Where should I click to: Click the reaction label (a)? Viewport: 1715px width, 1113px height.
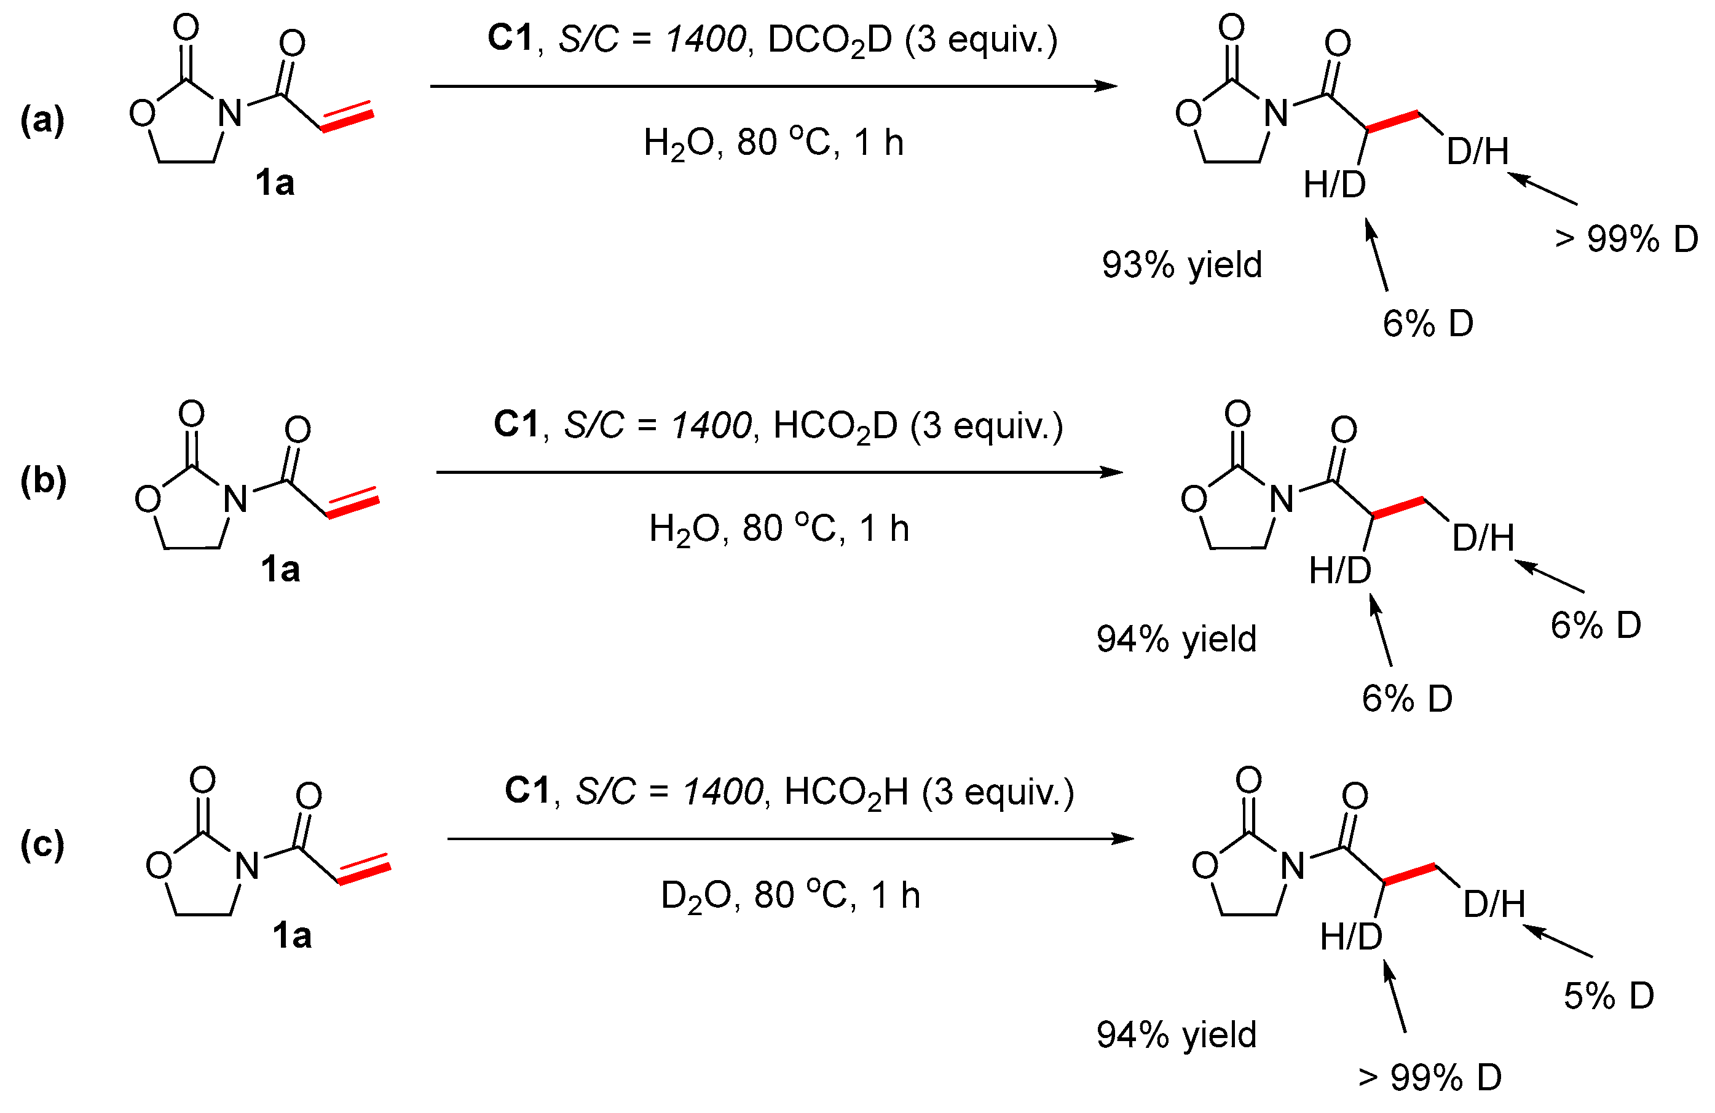(42, 120)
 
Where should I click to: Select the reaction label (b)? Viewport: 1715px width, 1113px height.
(43, 481)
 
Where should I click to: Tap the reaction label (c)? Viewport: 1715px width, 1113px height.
(42, 844)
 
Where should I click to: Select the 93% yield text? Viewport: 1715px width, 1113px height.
(1182, 265)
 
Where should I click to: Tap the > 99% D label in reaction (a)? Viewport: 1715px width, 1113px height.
(1626, 239)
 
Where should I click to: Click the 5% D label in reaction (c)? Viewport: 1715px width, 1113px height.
(1609, 996)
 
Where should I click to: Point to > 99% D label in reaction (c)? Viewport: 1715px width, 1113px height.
(1430, 1078)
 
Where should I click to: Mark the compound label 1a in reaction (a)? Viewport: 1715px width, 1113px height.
(275, 183)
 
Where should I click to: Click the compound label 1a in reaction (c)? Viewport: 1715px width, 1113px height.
(292, 936)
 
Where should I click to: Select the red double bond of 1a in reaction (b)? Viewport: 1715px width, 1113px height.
(353, 502)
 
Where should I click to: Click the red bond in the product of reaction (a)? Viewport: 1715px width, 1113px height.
(1392, 122)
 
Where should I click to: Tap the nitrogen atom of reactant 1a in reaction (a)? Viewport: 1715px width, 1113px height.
(230, 113)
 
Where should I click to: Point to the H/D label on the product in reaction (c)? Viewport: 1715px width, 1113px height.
(1351, 937)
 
